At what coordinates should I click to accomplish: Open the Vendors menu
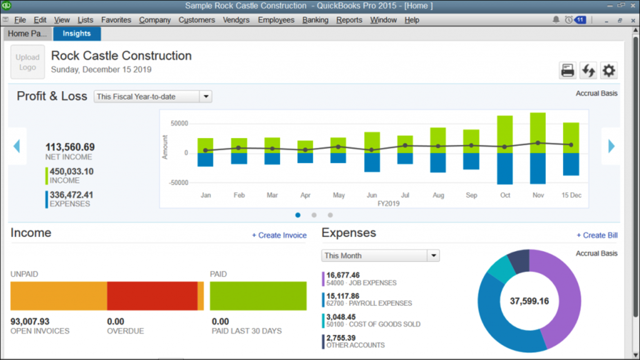[x=236, y=20]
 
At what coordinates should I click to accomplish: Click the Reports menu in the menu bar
[x=349, y=20]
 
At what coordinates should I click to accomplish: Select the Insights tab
[x=77, y=34]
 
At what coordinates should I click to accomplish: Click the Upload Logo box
[x=27, y=62]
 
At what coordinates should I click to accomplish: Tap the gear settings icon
[x=609, y=71]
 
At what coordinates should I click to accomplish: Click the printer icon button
[x=567, y=71]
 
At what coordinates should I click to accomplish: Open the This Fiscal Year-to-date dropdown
[x=153, y=97]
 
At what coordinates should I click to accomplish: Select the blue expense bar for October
[x=504, y=169]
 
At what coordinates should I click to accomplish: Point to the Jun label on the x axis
[x=372, y=196]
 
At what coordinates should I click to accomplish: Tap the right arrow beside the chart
[x=611, y=146]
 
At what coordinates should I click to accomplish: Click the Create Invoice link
[x=279, y=236]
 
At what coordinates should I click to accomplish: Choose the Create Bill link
[x=597, y=236]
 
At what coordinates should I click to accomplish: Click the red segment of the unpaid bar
[x=152, y=296]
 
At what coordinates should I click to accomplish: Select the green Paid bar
[x=258, y=296]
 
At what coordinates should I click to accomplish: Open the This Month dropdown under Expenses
[x=381, y=256]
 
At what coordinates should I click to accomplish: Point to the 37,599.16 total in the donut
[x=529, y=301]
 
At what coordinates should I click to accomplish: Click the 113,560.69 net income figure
[x=70, y=147]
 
